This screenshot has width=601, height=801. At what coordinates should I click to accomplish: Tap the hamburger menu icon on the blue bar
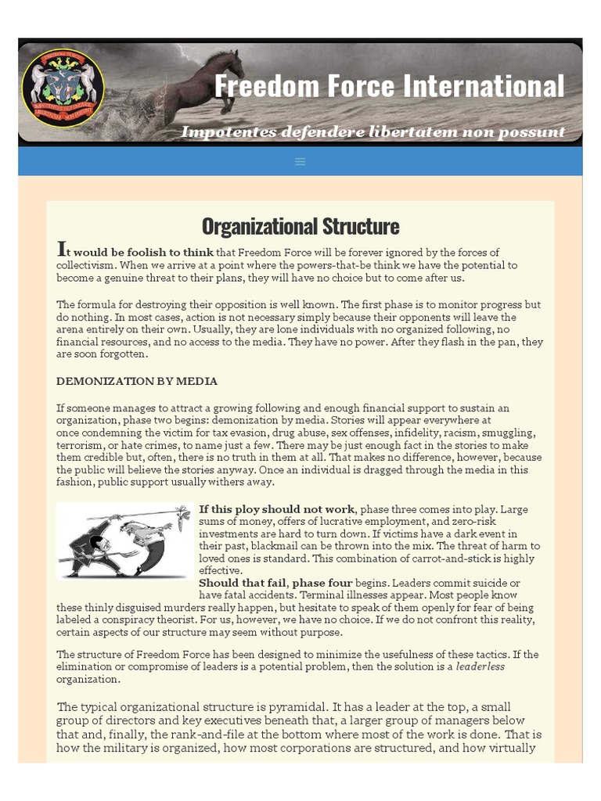[x=300, y=161]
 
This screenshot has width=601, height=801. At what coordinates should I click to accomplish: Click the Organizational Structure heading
[x=300, y=226]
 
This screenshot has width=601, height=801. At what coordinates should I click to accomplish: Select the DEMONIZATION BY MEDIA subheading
[x=137, y=381]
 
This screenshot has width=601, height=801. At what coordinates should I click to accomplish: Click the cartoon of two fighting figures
[x=125, y=540]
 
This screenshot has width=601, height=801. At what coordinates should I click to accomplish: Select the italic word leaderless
[x=480, y=666]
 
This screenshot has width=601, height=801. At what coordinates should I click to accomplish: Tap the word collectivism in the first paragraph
[x=86, y=265]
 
